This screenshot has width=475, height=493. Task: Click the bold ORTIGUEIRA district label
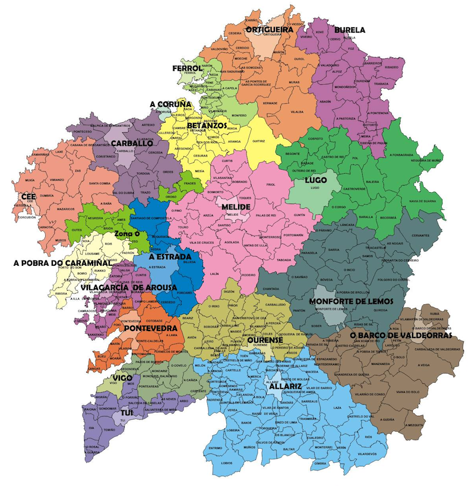[x=270, y=28]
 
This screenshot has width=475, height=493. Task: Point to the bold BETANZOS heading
[x=207, y=126]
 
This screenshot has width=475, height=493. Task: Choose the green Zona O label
[x=127, y=234]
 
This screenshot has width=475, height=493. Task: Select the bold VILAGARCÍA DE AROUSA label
[x=128, y=288]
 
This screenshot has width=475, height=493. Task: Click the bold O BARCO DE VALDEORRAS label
[x=401, y=335]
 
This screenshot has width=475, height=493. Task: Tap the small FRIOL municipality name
[x=271, y=185]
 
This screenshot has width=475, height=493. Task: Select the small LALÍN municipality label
[x=214, y=273]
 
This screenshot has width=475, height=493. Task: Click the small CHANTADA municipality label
[x=271, y=289]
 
